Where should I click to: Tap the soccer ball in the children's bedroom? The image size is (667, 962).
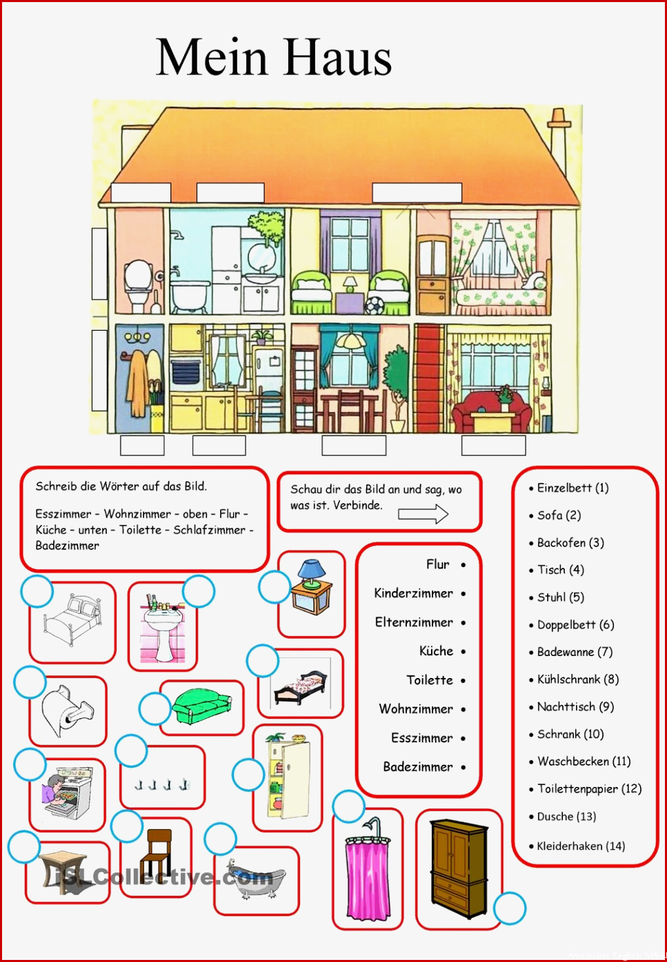pyautogui.click(x=375, y=305)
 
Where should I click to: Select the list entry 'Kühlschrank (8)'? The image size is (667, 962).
pyautogui.click(x=578, y=679)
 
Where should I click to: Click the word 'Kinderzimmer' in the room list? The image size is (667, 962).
pyautogui.click(x=413, y=593)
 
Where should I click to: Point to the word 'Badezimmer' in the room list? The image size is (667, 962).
pyautogui.click(x=418, y=766)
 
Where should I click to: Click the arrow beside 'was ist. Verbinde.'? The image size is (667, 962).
pyautogui.click(x=423, y=514)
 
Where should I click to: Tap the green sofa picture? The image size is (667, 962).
pyautogui.click(x=202, y=706)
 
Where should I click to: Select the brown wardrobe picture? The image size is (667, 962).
pyautogui.click(x=459, y=868)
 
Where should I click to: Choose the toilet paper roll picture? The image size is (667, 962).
pyautogui.click(x=67, y=710)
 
